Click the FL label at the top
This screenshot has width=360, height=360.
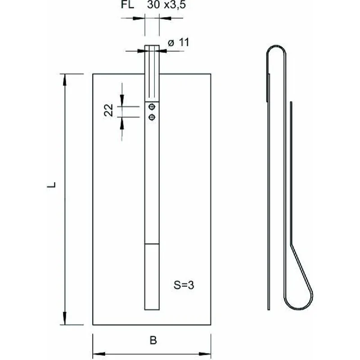coord(127,4)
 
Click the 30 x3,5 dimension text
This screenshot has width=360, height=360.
coord(166,4)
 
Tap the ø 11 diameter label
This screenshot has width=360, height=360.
coord(178,42)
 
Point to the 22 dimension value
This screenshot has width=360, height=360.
coord(108,110)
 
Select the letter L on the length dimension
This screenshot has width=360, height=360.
coord(51,185)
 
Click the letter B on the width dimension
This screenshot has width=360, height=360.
coord(153,340)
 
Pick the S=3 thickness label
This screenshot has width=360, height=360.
coord(184,285)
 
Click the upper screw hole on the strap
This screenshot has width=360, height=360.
coord(152,107)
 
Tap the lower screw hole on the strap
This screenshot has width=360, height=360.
coord(152,117)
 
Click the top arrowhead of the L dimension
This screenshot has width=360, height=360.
coord(65,80)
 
